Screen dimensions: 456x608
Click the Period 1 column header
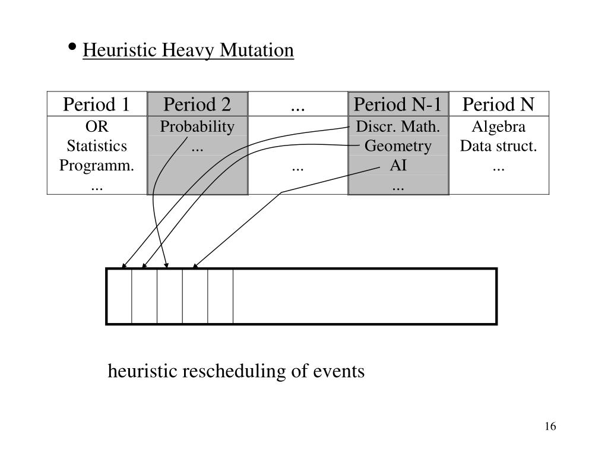click(97, 104)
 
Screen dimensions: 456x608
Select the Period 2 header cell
click(197, 104)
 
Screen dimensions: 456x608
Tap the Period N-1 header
click(397, 104)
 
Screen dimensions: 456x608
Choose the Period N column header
click(498, 104)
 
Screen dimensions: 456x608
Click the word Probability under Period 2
click(197, 126)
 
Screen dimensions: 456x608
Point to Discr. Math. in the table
click(398, 126)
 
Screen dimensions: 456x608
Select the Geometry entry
click(398, 146)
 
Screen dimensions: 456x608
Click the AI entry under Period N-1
click(398, 166)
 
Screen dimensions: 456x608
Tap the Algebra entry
click(498, 126)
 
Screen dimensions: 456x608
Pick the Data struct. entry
click(498, 146)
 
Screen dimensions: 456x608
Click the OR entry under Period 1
click(97, 126)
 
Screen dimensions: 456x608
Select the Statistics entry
click(97, 146)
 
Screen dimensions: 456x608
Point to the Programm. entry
click(97, 166)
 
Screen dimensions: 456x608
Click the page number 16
click(549, 427)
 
